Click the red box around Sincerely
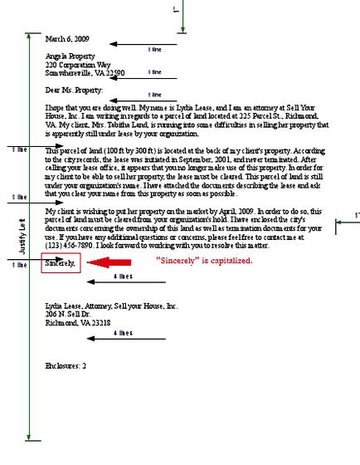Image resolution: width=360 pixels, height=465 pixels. [x=61, y=263]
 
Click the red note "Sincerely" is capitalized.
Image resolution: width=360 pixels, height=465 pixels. [x=205, y=260]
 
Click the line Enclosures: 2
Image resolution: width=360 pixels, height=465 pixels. [x=66, y=365]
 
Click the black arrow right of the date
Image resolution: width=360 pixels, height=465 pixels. [x=141, y=43]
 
